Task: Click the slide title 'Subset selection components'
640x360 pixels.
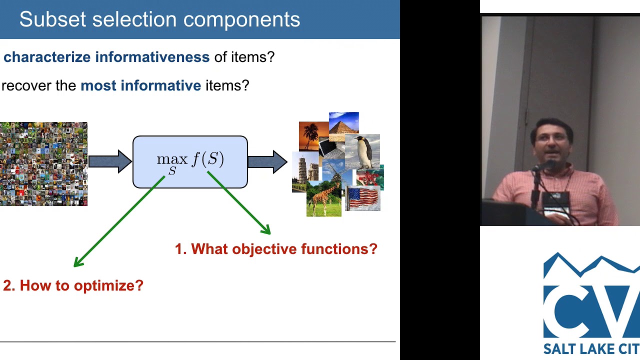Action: (x=159, y=19)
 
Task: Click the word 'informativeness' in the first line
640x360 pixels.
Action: (x=152, y=57)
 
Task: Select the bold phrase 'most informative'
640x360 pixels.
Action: (x=140, y=85)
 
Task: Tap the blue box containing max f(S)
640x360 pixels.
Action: (x=190, y=162)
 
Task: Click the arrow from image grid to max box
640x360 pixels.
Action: (x=109, y=161)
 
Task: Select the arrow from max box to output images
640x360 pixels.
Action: (x=267, y=161)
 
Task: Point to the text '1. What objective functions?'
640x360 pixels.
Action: (x=276, y=249)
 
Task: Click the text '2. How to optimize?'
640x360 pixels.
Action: (x=73, y=285)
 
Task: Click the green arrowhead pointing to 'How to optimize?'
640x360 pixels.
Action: (x=78, y=261)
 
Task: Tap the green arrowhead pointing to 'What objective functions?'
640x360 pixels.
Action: (x=266, y=229)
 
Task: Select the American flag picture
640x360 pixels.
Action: (x=362, y=198)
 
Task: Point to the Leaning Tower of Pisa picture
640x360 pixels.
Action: (x=305, y=171)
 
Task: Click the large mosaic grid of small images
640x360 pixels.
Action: (x=43, y=164)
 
